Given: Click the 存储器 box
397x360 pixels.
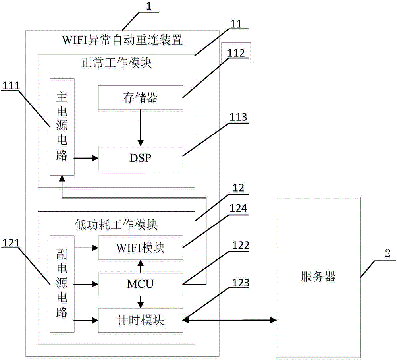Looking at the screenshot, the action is [141, 97].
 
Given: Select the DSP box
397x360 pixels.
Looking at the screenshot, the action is [141, 158].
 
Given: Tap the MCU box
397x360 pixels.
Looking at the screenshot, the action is [141, 284].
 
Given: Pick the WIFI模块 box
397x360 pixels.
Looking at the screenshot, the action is [141, 248].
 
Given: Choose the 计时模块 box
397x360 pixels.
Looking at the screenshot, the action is [141, 320].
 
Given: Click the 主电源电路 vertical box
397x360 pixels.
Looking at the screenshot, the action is [62, 127].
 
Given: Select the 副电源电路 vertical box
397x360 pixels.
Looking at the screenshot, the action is [62, 284].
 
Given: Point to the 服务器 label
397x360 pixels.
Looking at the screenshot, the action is [318, 277].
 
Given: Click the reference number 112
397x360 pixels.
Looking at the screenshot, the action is [236, 53].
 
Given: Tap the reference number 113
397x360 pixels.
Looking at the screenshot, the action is [238, 117].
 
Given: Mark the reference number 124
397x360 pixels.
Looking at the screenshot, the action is [238, 208].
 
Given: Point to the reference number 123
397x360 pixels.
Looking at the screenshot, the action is [241, 283].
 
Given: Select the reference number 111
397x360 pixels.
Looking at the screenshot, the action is [11, 86].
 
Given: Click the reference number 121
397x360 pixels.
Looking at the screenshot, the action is [11, 243].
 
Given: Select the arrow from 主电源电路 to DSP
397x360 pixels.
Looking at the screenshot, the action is [86, 158].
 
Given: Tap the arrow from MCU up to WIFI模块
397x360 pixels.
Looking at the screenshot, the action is [141, 266].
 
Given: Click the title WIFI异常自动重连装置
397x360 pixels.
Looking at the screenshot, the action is [122, 40].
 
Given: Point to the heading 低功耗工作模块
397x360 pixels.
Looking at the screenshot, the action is [116, 225].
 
